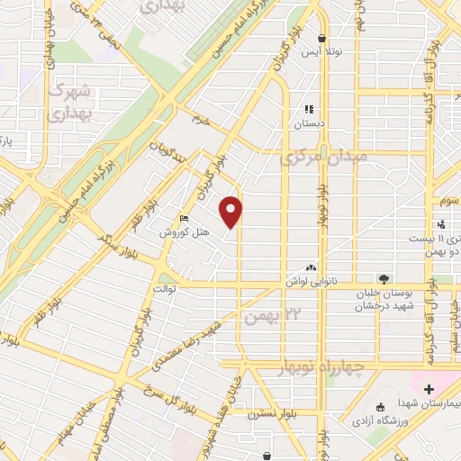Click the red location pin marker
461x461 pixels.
coord(232,212)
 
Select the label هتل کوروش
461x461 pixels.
coord(185,232)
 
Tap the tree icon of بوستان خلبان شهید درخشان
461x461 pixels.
coord(384,279)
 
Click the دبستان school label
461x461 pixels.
coord(310,122)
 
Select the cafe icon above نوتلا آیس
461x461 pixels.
coord(322,37)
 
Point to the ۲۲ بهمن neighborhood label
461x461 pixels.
coord(269,316)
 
